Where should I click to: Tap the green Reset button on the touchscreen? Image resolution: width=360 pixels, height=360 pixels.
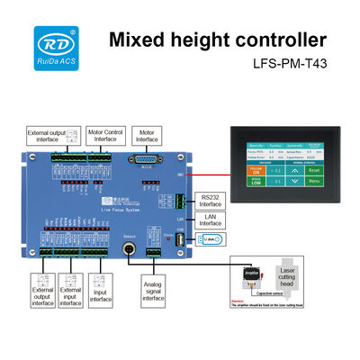pos(313,169)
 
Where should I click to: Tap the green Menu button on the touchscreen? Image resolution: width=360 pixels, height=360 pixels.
pos(313,181)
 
